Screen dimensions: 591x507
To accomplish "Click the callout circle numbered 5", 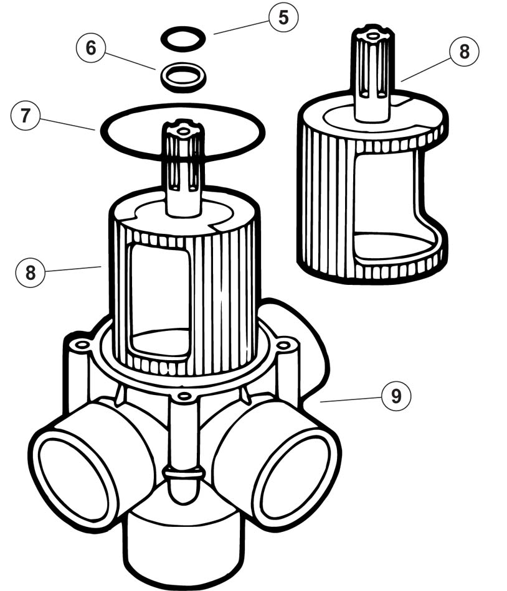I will [283, 18].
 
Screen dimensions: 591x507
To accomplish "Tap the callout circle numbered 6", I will [91, 49].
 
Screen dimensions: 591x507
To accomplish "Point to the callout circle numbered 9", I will [396, 396].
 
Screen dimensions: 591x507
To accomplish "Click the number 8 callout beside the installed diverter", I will [31, 272].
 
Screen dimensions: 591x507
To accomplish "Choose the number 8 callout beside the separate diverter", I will [463, 52].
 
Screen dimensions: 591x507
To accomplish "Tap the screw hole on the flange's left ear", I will [80, 344].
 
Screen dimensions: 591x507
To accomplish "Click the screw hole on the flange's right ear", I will [283, 344].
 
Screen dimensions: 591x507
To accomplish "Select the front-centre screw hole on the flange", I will [182, 396].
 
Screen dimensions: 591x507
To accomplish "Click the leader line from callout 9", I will [349, 399].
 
